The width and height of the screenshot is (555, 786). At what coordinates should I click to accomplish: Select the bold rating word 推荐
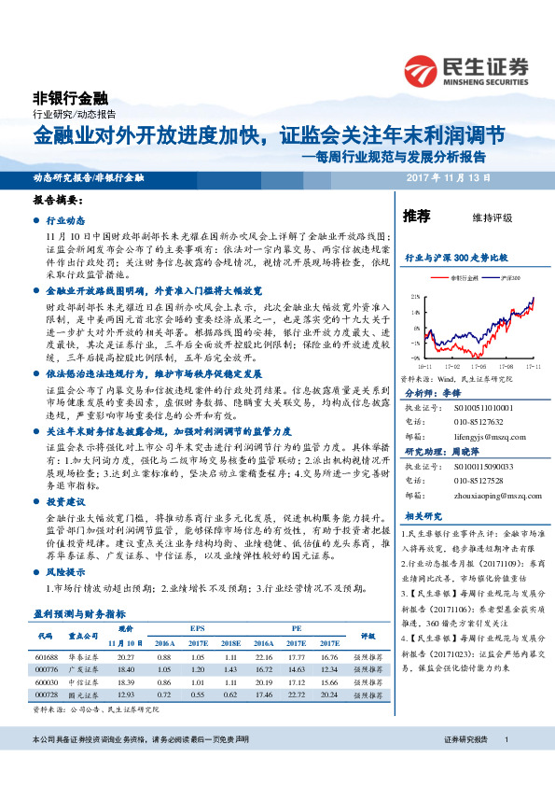point(416,217)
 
